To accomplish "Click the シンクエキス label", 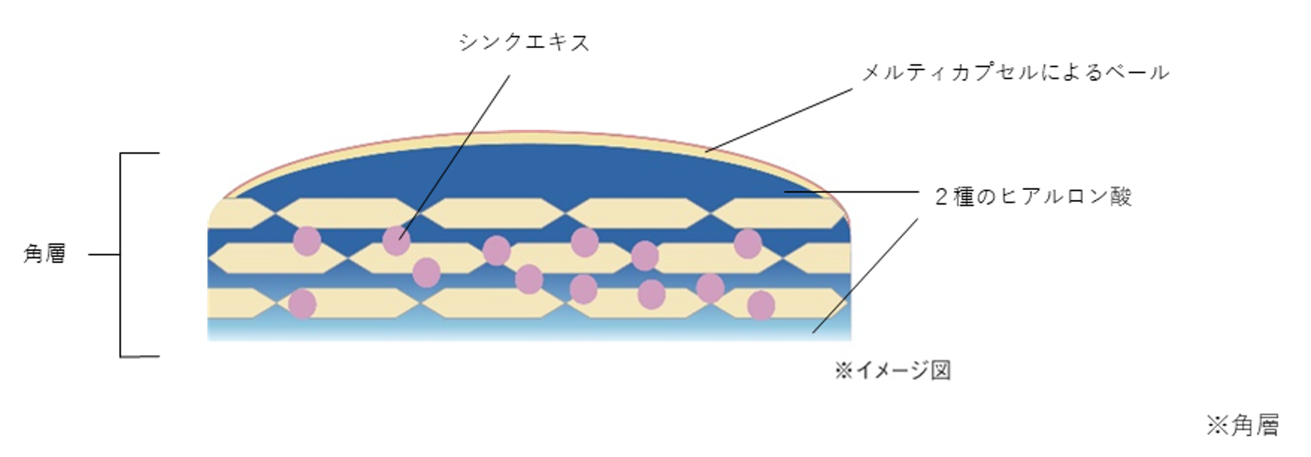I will [524, 43].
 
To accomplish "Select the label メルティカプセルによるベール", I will [1015, 72].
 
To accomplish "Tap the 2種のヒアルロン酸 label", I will [1033, 197].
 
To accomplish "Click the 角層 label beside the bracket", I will [45, 254].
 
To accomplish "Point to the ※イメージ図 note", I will [892, 371].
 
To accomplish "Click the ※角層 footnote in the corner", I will [1242, 425].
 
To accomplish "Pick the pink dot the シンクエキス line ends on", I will [396, 241].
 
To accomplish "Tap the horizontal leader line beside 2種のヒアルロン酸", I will [854, 192].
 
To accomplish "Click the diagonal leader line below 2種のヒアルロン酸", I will [865, 276].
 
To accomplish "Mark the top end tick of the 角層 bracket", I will [140, 153].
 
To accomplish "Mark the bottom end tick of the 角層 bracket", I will [140, 357].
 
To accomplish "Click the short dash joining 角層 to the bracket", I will [104, 254].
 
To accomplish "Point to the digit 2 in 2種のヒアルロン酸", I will [941, 197].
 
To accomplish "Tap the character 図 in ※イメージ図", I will [941, 371].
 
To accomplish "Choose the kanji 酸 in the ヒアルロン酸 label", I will [1121, 197].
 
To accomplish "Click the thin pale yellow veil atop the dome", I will [526, 137].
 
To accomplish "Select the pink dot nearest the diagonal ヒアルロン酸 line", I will [761, 305].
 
